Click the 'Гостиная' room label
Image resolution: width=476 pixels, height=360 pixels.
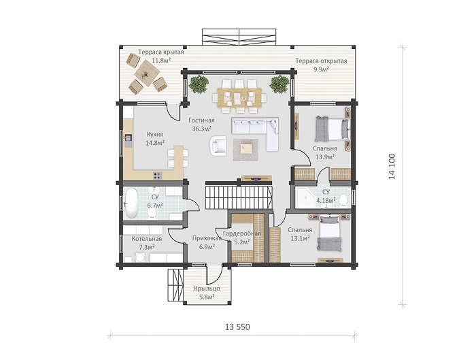click(x=201, y=120)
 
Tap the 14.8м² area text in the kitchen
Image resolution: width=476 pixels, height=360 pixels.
click(x=155, y=143)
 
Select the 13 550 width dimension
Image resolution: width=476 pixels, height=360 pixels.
click(x=237, y=327)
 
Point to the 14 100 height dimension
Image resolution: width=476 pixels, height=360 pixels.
click(x=392, y=167)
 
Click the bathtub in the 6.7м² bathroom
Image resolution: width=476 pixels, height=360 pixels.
click(x=131, y=203)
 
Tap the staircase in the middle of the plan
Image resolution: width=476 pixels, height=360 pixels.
click(x=239, y=197)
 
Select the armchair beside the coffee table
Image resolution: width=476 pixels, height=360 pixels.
click(x=219, y=145)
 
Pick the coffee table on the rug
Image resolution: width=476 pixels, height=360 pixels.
click(x=246, y=149)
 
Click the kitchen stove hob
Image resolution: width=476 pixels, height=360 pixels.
click(x=157, y=176)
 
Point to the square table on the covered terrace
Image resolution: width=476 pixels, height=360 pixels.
click(x=147, y=73)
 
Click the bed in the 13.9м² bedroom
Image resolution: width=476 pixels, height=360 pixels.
click(x=332, y=129)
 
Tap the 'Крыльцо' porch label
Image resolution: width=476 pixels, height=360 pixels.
click(x=207, y=289)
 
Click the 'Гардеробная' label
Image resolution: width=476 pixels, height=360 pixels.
click(x=242, y=233)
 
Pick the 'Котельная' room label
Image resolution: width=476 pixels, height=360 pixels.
click(x=147, y=239)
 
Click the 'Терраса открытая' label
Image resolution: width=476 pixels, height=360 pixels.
click(x=321, y=61)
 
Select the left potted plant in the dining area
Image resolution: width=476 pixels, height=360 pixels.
click(x=199, y=84)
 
